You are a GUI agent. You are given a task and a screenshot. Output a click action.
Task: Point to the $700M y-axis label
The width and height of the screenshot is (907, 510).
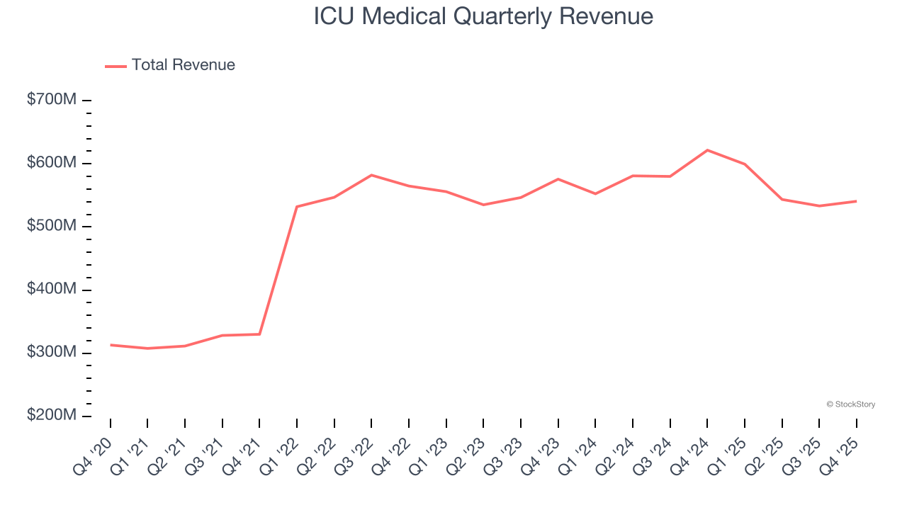click(x=52, y=100)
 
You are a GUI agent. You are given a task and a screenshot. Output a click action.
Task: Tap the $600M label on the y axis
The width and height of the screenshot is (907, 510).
click(x=52, y=163)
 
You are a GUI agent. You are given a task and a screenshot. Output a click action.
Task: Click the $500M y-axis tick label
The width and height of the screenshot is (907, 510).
click(x=52, y=226)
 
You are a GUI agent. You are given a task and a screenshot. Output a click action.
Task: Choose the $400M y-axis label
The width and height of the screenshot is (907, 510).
click(x=52, y=290)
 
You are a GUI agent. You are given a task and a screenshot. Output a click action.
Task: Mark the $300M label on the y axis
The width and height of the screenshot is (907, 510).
click(x=52, y=353)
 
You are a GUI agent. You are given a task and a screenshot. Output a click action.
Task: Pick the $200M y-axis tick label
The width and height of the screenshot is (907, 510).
click(x=52, y=416)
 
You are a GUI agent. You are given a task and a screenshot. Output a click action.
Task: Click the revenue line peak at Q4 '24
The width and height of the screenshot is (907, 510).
click(x=707, y=150)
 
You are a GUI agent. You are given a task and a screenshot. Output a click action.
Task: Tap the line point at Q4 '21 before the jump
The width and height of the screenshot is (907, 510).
click(x=259, y=334)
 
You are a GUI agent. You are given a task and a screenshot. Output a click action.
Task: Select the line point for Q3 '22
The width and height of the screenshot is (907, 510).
click(x=371, y=175)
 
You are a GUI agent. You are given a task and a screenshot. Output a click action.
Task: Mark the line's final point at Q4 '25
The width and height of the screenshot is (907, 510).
click(x=856, y=201)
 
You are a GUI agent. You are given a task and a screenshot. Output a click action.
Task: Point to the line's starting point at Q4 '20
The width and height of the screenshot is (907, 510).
click(x=111, y=345)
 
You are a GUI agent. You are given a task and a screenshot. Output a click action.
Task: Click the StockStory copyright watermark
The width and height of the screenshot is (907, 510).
click(x=850, y=404)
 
